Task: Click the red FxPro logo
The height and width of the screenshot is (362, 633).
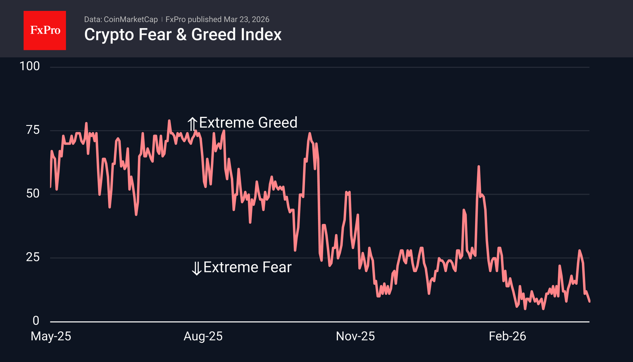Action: coord(45,30)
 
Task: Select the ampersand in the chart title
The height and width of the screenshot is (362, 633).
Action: coord(181,35)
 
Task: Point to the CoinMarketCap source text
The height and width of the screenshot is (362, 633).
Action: coord(130,19)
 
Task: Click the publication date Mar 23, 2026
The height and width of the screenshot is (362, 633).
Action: coord(246,19)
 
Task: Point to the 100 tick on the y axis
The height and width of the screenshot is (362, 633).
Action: coord(30,66)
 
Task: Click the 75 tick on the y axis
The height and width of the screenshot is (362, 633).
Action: coord(33,130)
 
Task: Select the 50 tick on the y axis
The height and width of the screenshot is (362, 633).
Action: coord(33,193)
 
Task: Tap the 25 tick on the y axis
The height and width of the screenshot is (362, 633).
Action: coord(33,257)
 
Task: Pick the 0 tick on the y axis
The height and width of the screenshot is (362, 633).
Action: coord(36,321)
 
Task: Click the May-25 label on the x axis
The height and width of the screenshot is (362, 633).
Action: coord(51,336)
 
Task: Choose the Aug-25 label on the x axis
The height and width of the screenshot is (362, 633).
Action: coord(203,336)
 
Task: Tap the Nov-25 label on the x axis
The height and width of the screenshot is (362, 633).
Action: coord(355,336)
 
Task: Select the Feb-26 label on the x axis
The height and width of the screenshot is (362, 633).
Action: coord(507,336)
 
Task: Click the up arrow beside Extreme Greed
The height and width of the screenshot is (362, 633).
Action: coord(192,123)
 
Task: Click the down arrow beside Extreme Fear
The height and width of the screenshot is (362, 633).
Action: coord(197,268)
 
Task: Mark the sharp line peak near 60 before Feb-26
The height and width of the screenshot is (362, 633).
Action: coord(479,166)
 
